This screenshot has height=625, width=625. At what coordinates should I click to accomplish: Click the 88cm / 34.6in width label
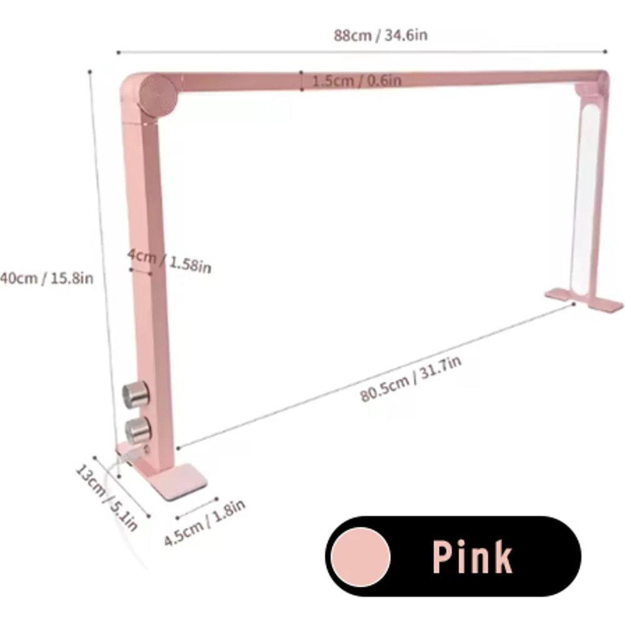tap(381, 35)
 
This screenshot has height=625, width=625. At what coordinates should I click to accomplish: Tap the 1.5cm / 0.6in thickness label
tap(357, 81)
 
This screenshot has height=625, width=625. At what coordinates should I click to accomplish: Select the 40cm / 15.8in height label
tap(47, 278)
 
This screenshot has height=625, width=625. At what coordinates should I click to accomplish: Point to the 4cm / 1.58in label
tap(169, 261)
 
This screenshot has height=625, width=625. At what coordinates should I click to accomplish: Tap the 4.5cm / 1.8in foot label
tap(204, 522)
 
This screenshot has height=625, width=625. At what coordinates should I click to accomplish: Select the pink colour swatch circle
tap(361, 557)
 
